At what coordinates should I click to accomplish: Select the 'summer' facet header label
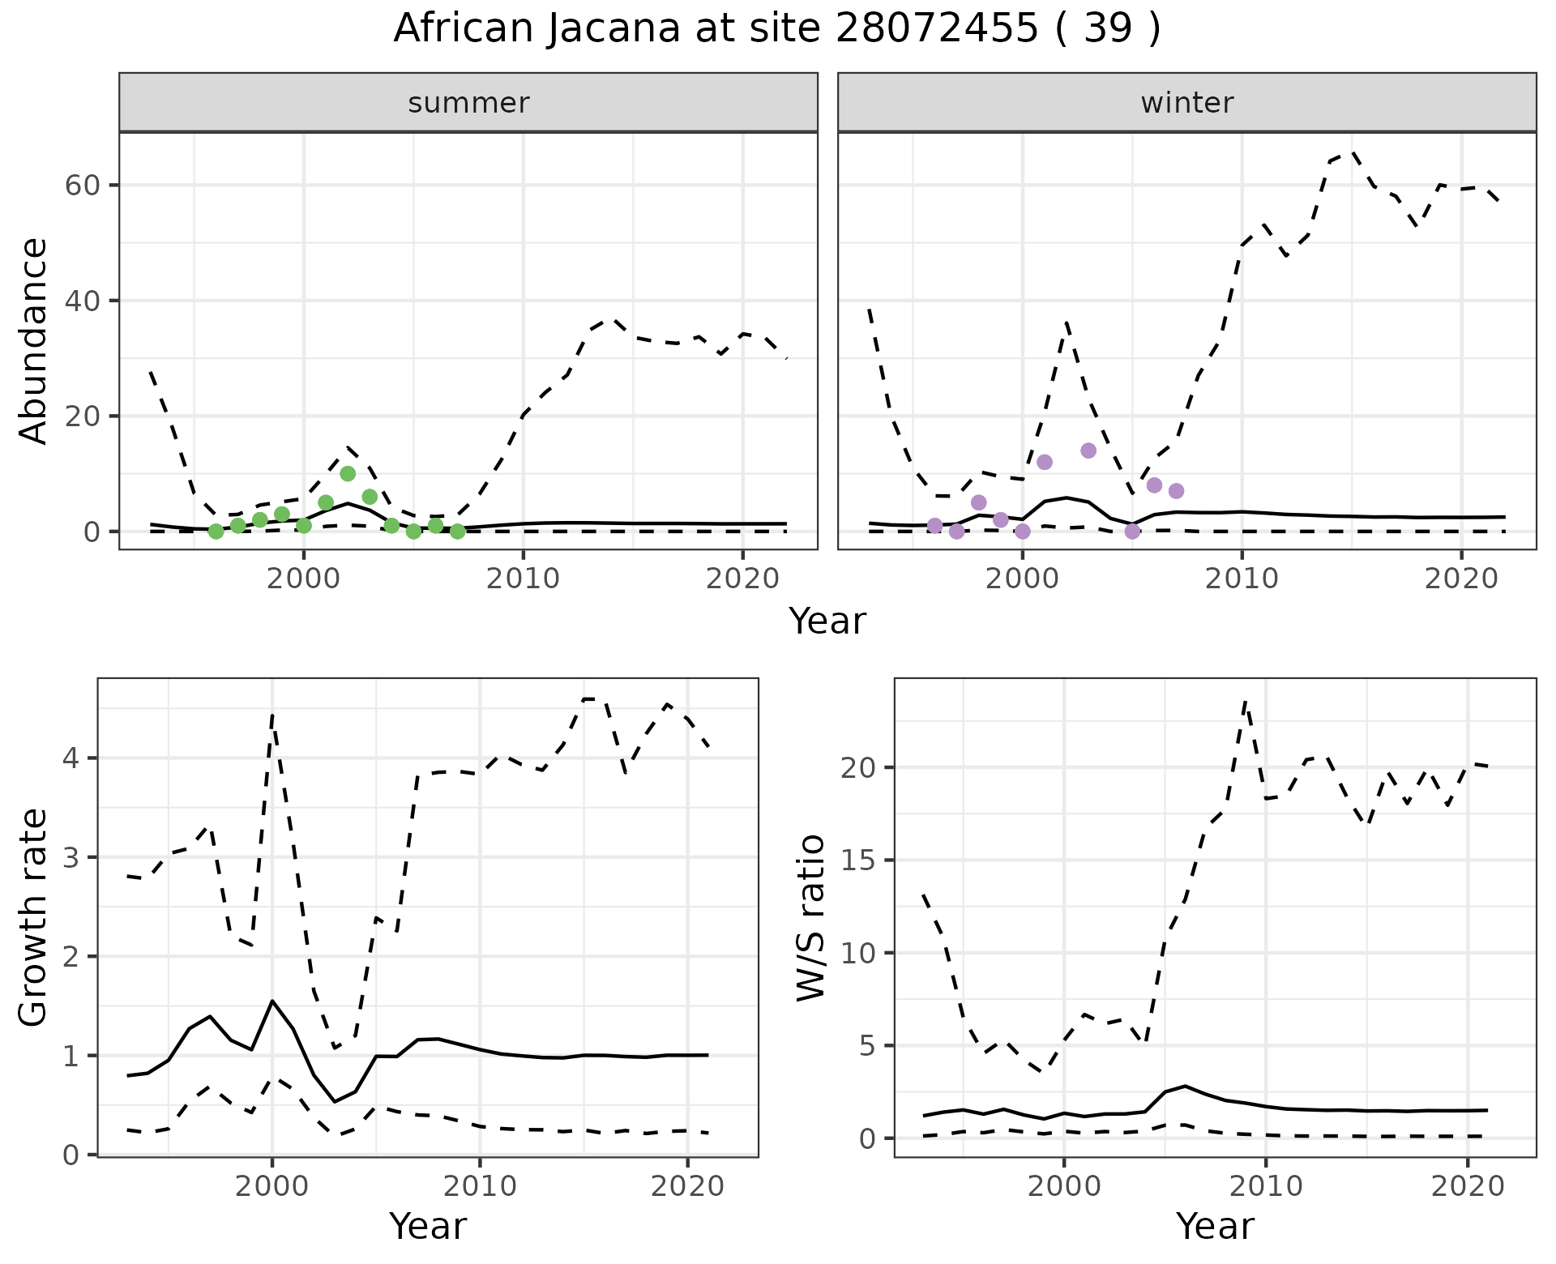coord(468,103)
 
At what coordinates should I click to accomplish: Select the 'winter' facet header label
coord(1186,103)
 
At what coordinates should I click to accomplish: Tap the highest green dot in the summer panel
coord(348,474)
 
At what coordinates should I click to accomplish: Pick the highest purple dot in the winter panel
coord(1088,451)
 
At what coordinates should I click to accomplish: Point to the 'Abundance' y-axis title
coord(33,340)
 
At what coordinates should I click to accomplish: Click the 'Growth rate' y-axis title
coord(33,917)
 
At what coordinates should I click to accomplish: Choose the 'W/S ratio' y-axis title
coord(810,917)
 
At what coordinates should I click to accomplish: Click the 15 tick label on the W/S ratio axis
coord(858,860)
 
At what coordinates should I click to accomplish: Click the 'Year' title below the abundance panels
coord(827,621)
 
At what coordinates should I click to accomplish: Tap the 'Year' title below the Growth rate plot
coord(428,1226)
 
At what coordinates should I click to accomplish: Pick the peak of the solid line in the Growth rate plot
coord(272,1001)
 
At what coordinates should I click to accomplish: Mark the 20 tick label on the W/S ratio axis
coord(858,767)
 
